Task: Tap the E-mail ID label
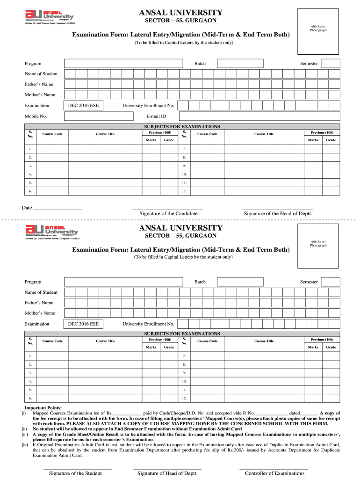pos(157,116)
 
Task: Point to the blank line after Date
pos(58,208)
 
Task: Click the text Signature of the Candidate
pos(168,214)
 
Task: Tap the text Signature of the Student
pos(75,473)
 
